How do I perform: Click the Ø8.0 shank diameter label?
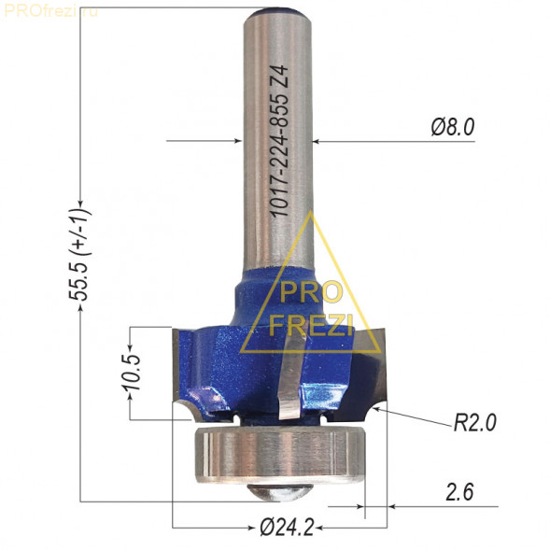(x=453, y=127)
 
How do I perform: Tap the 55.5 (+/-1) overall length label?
(x=79, y=255)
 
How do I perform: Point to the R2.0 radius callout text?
(x=475, y=422)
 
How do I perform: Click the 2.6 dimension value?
(x=459, y=492)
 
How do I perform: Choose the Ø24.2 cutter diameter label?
(x=287, y=527)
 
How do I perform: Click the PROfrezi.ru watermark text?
(x=51, y=11)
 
